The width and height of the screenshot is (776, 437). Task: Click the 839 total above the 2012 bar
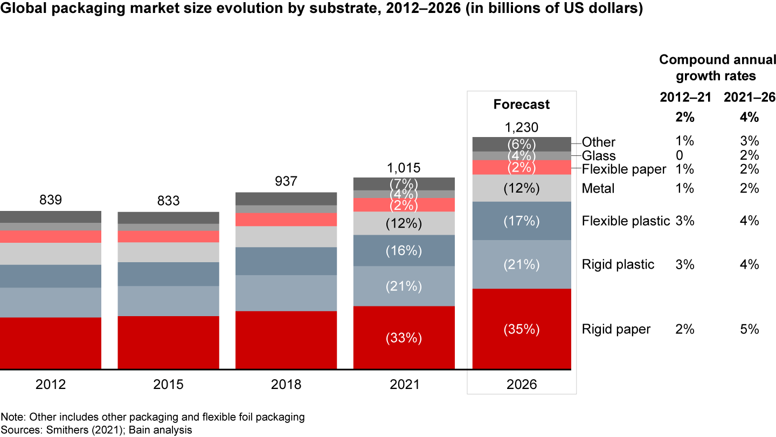51,200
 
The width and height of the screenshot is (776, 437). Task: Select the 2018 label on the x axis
286,385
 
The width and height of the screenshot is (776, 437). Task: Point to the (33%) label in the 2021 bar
404,338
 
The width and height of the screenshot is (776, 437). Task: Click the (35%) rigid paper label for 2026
522,329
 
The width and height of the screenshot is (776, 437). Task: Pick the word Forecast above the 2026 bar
522,104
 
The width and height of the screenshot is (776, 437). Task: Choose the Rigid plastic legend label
618,264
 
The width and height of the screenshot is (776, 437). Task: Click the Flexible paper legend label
624,169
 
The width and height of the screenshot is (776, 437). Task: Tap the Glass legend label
599,156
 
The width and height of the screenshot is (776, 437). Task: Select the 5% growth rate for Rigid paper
749,329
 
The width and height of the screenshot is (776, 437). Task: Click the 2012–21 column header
685,97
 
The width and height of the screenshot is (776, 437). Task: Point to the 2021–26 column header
749,97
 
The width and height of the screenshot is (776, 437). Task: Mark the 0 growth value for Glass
679,155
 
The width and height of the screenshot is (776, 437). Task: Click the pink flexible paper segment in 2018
286,220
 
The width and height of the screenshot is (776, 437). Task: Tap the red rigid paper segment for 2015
168,343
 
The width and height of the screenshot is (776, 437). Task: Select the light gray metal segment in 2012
51,254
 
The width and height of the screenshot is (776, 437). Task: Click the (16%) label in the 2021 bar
404,251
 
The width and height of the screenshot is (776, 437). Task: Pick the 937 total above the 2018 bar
286,181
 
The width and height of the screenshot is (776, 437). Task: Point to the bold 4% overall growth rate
749,117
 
